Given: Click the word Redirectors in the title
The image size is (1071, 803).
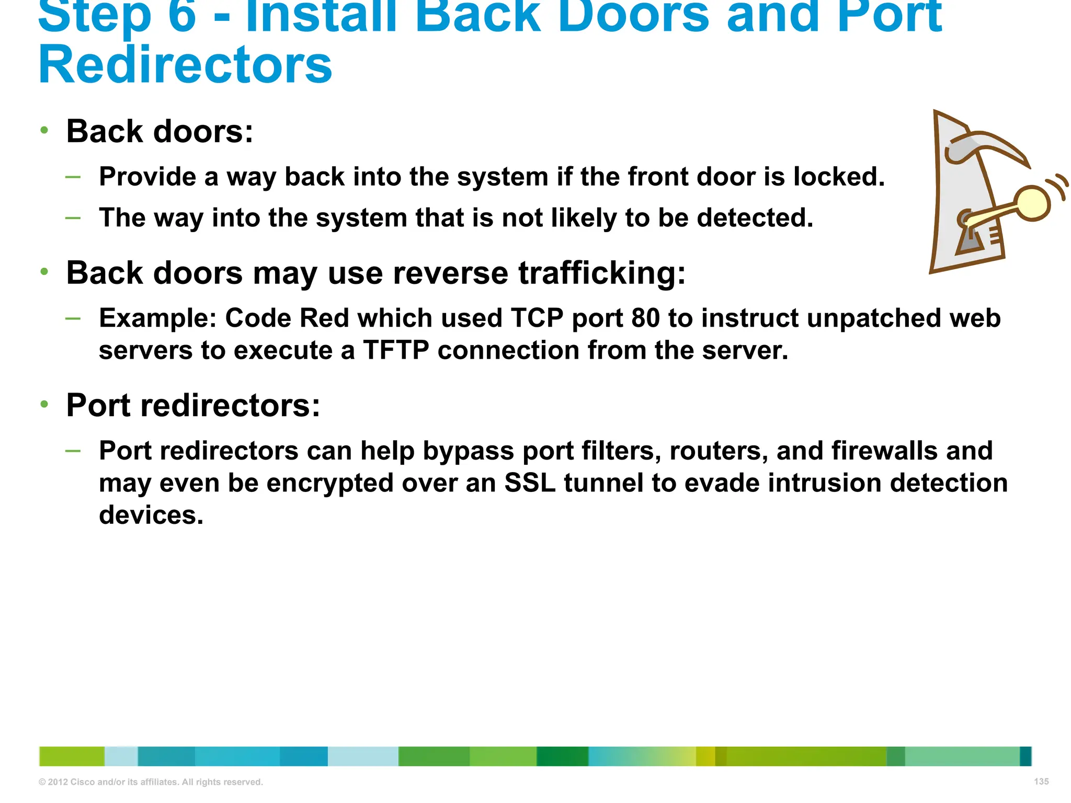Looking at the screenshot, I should pos(185,65).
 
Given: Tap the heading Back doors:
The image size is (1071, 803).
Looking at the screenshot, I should pos(159,131).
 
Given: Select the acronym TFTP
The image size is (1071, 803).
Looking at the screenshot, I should pos(396,350).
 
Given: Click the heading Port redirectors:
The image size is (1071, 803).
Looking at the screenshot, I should pos(193,405).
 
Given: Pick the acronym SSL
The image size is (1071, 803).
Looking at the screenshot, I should pos(529,483).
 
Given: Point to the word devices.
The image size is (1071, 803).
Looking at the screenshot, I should pos(151,515).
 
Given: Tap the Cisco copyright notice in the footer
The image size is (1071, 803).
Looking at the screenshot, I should pos(151,782).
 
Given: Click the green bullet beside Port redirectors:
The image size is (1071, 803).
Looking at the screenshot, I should pos(44,404).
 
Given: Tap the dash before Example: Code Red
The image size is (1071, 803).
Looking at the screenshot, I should pos(73,318).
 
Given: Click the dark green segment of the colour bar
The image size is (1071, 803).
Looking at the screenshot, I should pos(562,756).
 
